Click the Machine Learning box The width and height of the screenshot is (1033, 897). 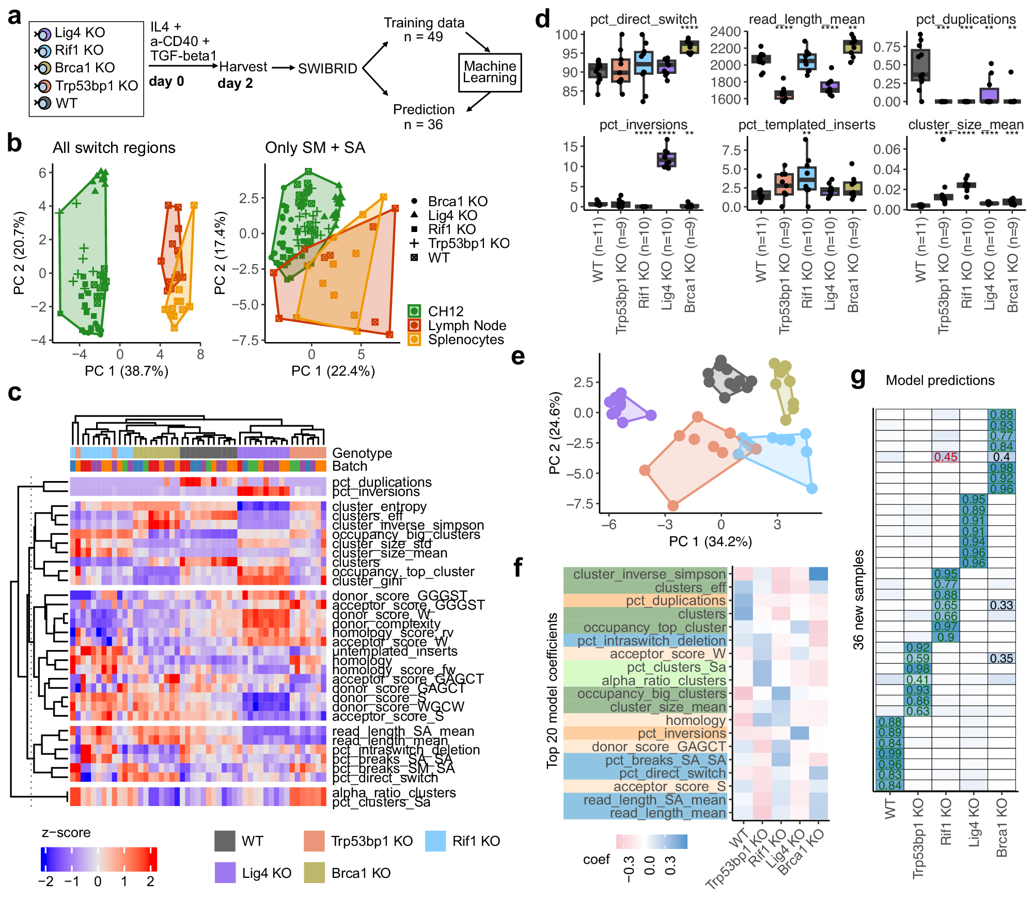pyautogui.click(x=490, y=72)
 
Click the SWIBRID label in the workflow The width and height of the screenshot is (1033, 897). pyautogui.click(x=327, y=68)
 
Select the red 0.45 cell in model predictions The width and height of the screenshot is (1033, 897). pyautogui.click(x=945, y=457)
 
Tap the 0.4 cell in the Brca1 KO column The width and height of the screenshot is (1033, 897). pyautogui.click(x=1001, y=457)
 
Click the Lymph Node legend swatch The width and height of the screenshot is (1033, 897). pyautogui.click(x=414, y=325)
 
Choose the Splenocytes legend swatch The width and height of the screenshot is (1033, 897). pyautogui.click(x=414, y=339)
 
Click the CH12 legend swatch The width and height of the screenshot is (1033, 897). pyautogui.click(x=414, y=311)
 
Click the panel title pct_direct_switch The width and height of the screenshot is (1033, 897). pyautogui.click(x=643, y=19)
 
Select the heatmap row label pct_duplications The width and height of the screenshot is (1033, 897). pyautogui.click(x=382, y=482)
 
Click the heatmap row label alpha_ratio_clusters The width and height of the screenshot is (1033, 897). pyautogui.click(x=394, y=793)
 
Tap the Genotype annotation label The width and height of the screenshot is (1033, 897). pyautogui.click(x=362, y=453)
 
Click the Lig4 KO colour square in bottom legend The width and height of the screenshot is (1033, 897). pyautogui.click(x=225, y=873)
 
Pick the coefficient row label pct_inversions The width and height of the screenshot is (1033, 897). pyautogui.click(x=681, y=733)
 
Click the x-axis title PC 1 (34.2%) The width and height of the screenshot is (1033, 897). pyautogui.click(x=710, y=542)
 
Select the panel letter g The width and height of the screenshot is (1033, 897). pyautogui.click(x=858, y=378)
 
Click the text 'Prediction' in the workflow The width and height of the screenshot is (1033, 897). pyautogui.click(x=424, y=110)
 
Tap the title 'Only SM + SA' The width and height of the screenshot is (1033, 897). pyautogui.click(x=315, y=148)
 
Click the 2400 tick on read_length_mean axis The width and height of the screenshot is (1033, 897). pyautogui.click(x=725, y=32)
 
